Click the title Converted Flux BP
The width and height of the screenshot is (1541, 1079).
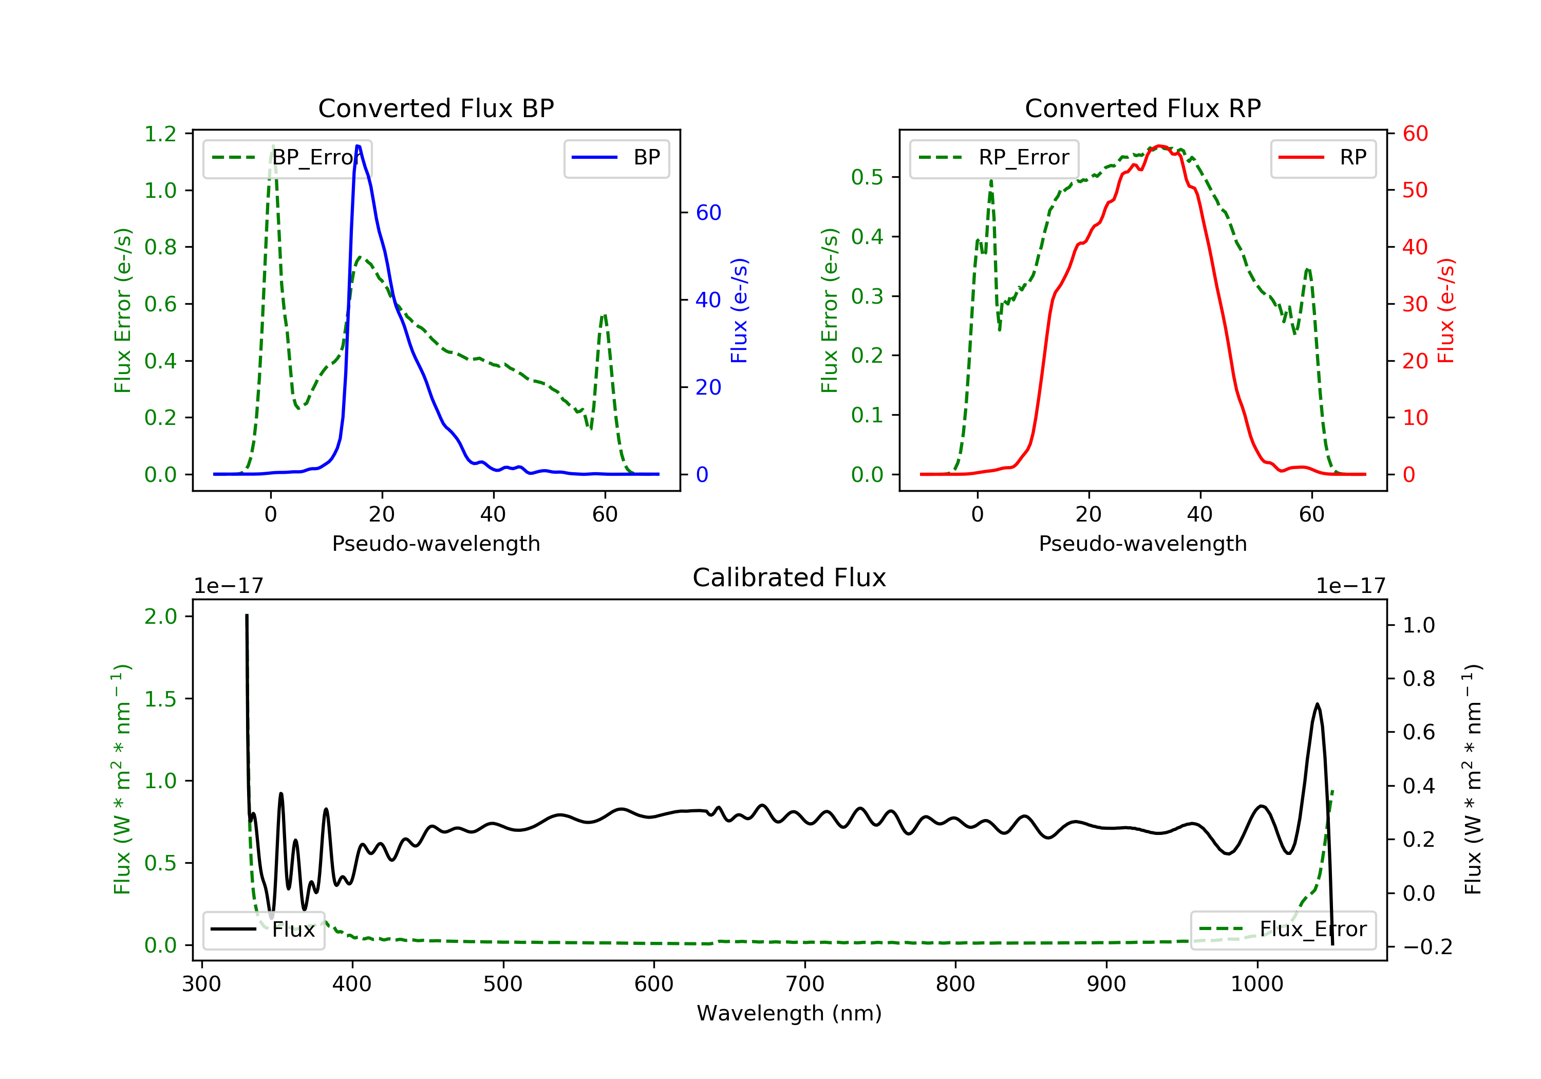(436, 108)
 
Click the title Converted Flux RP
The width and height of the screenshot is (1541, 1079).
(1142, 108)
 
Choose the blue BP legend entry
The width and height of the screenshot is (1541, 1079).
(616, 158)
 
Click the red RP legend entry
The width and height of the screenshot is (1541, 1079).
(1323, 158)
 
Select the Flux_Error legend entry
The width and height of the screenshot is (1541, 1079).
(1283, 929)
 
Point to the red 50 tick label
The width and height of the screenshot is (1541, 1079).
(1415, 190)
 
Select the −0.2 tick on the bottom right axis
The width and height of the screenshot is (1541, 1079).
(1427, 947)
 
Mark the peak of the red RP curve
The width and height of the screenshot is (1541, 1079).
(1159, 146)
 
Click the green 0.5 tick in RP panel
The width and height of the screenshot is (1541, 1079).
(867, 177)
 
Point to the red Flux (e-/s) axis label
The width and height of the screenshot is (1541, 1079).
(1445, 311)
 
